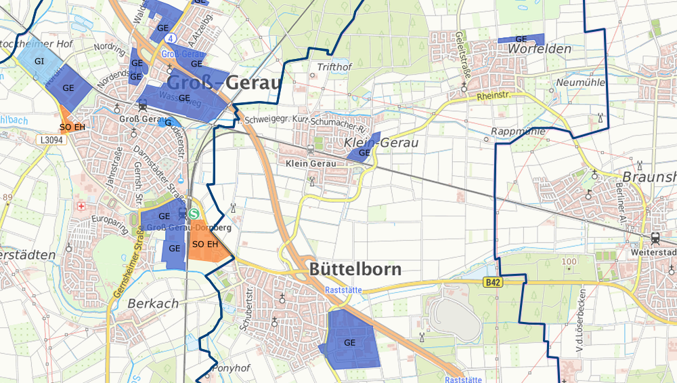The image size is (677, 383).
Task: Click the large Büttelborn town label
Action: [x=355, y=269]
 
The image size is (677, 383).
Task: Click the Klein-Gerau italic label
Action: [x=381, y=143]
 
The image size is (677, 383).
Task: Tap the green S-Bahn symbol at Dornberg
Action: [x=195, y=213]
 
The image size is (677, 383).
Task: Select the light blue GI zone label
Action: [x=39, y=61]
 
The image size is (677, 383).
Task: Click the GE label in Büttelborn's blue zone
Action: [x=349, y=342]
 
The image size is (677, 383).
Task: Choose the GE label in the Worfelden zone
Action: [x=521, y=40]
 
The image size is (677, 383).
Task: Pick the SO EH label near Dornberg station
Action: [x=205, y=244]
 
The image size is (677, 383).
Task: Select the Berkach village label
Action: [x=153, y=304]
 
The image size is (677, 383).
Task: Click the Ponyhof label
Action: [x=232, y=368]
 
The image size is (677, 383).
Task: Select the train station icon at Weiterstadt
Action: [x=655, y=238]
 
